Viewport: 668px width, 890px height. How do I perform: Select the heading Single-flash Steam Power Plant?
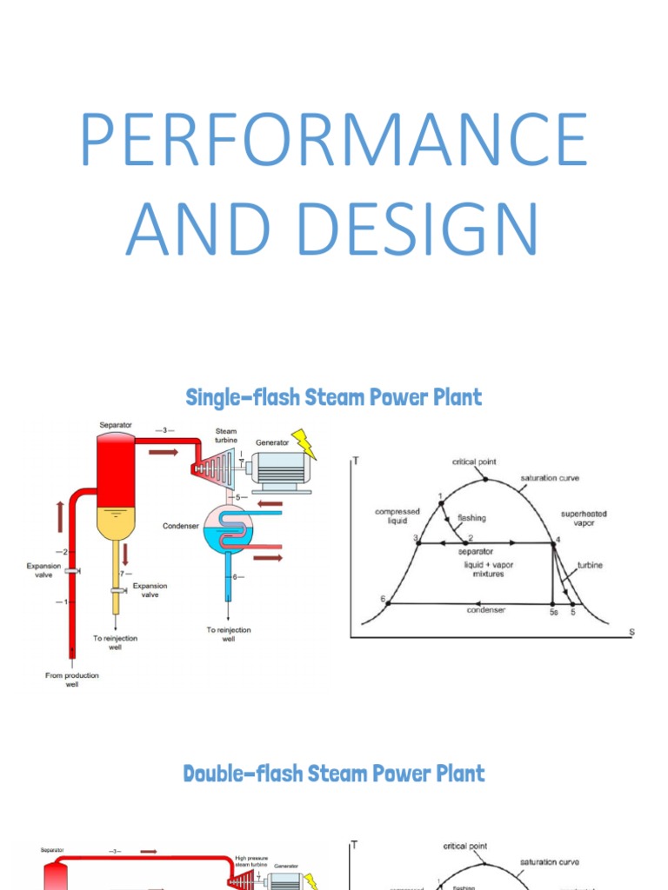334,398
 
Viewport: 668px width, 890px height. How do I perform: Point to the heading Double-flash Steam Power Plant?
334,773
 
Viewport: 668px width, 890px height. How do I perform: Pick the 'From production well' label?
72,680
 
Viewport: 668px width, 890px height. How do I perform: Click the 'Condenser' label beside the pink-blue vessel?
180,526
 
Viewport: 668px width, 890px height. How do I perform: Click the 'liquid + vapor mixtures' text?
488,569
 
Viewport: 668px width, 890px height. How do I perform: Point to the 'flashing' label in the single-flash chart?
471,518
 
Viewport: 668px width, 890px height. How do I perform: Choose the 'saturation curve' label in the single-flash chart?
550,478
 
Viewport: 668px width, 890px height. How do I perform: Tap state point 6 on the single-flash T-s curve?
388,602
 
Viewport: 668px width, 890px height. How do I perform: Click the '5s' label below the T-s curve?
553,613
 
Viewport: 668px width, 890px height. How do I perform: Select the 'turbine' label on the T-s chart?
590,565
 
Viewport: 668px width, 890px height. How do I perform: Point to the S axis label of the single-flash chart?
632,631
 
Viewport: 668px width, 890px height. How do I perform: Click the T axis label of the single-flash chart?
356,462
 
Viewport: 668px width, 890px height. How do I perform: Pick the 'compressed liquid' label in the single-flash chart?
397,516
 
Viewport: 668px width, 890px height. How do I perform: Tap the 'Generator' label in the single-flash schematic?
272,442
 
